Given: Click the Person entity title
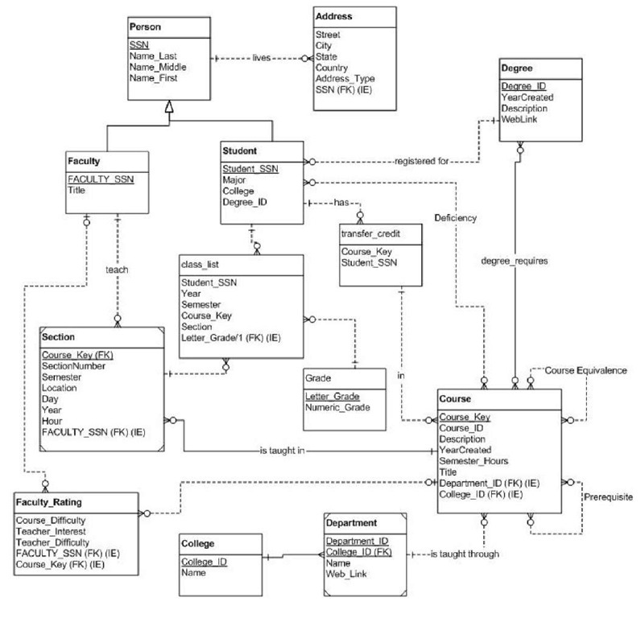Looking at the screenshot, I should (146, 27).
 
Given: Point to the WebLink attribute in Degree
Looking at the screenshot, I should (520, 119).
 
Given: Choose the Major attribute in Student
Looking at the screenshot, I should (235, 179).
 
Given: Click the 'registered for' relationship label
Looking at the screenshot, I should (421, 161).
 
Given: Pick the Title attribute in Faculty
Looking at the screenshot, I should (77, 191).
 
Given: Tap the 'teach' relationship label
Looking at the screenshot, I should (117, 271).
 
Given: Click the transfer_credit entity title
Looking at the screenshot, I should (370, 234).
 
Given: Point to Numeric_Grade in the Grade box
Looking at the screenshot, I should (337, 408).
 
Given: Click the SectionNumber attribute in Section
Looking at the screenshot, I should (73, 365).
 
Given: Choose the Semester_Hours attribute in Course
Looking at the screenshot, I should (474, 461).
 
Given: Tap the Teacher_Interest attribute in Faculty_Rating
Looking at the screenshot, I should (54, 531).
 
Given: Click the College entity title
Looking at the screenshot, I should (197, 544).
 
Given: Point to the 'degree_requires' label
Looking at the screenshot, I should (515, 260).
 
